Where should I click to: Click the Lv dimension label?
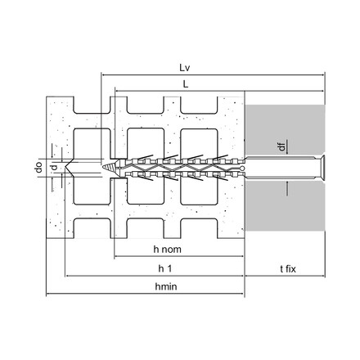184,68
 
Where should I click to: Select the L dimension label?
186,84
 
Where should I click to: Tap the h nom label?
167,250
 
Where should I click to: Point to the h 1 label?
165,269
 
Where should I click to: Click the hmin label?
166,286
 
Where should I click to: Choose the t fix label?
288,269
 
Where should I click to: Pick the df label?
281,146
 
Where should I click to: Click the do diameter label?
39,167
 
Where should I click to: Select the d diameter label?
55,167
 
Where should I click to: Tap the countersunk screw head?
320,167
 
